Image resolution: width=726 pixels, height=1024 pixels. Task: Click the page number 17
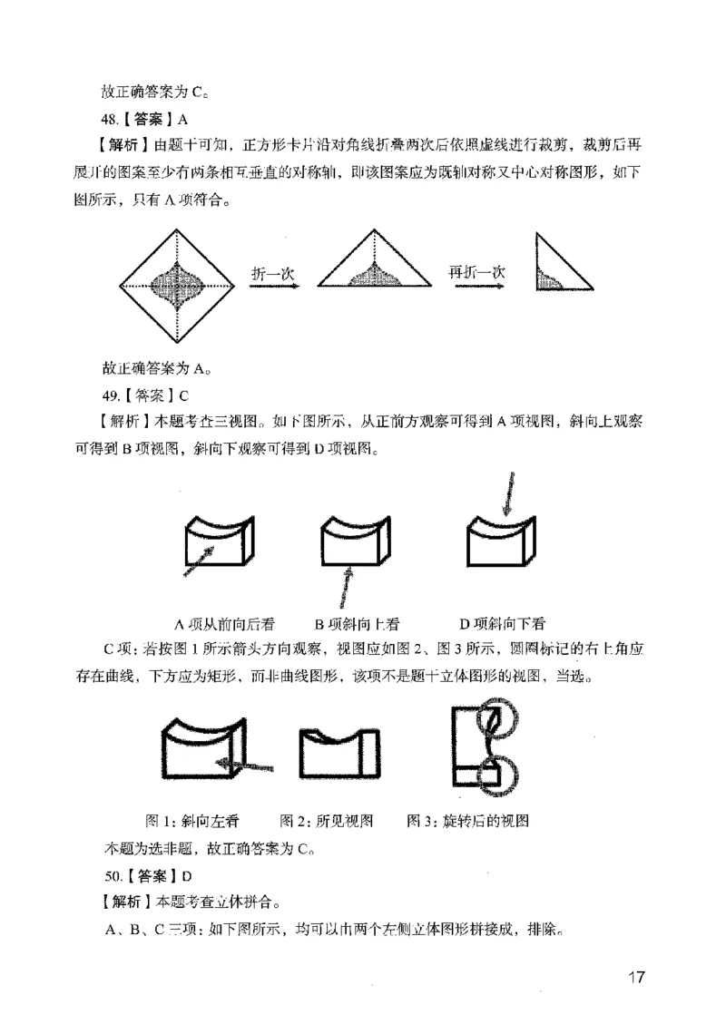pos(634,977)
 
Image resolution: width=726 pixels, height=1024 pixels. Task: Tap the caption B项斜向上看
pos(357,624)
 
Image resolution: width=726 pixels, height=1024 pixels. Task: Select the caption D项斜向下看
pos(502,624)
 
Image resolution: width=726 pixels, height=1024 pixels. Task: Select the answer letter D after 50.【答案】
pos(186,876)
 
